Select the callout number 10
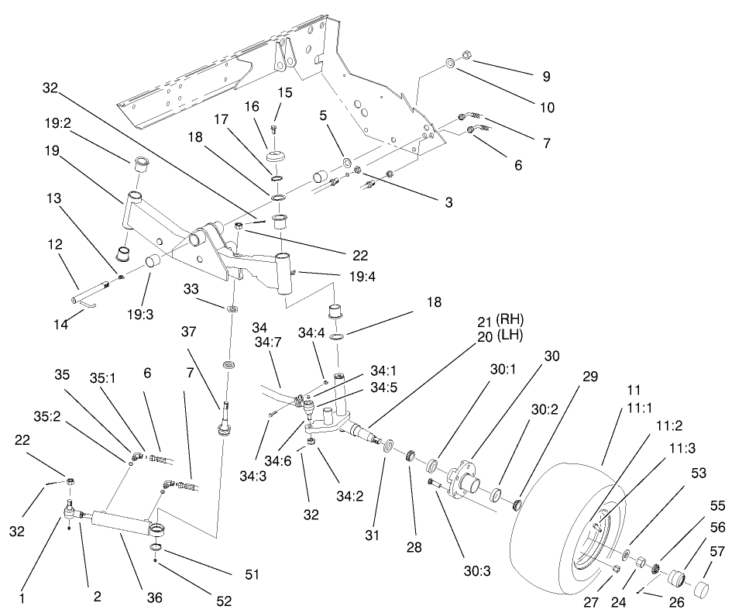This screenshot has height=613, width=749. coord(547,108)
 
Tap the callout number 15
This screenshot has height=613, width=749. coord(285,92)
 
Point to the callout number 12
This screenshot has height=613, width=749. coord(55,244)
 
